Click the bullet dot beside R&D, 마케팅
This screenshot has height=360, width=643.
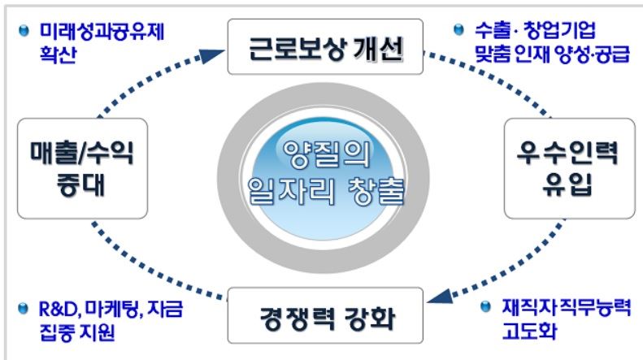click(x=24, y=309)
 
